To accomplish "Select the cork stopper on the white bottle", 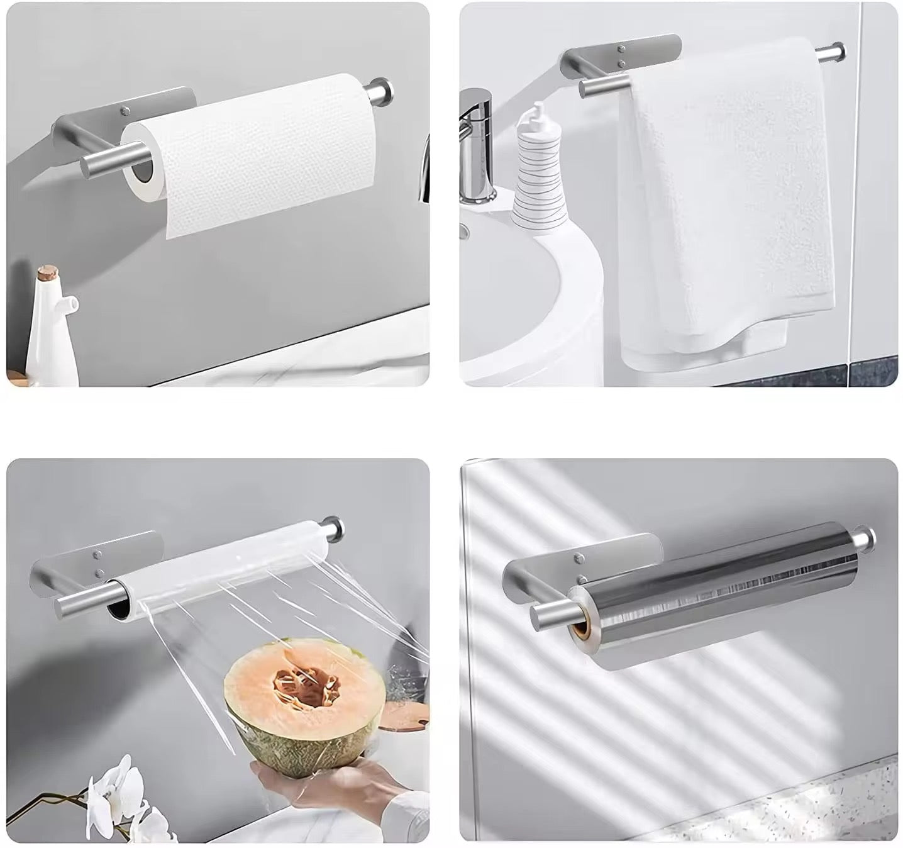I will pos(46,274).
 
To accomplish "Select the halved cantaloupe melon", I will pos(305,698).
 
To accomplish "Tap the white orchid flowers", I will pos(119,799).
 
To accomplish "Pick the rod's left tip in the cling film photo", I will pos(63,608).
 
